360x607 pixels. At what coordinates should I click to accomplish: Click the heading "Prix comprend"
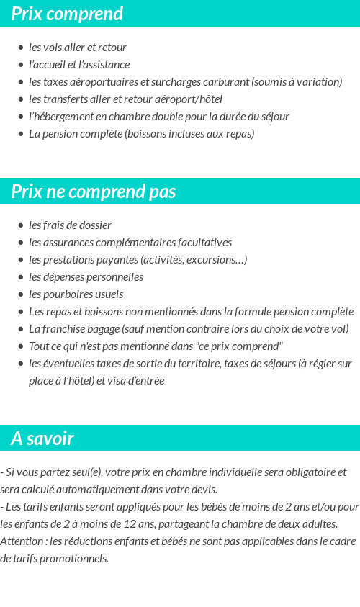point(67,14)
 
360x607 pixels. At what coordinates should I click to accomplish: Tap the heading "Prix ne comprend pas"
point(94,192)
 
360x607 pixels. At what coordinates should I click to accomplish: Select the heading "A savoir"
point(42,439)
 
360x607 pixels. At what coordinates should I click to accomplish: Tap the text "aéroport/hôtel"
point(190,99)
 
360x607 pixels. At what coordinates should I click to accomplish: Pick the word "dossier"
point(95,225)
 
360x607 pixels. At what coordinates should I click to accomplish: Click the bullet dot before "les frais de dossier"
point(21,225)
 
